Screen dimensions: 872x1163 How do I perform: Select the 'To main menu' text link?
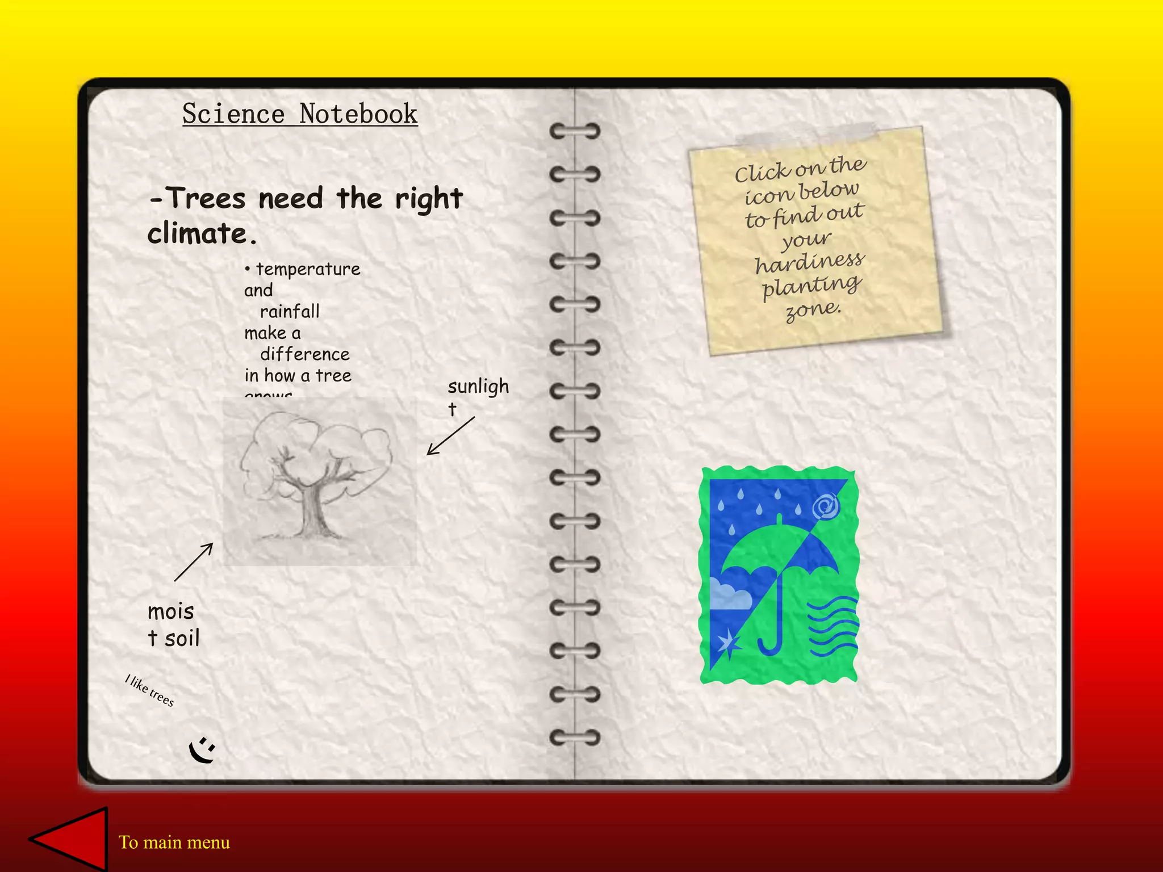pos(174,842)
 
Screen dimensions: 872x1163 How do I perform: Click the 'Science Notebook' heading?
pos(300,114)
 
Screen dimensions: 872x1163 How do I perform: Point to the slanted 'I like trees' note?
pos(150,690)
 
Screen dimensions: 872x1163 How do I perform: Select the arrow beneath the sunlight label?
pos(450,436)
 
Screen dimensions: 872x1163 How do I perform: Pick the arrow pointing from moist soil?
pos(194,562)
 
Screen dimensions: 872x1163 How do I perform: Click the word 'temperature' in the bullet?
pos(308,269)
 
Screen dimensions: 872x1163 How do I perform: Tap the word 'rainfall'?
pos(290,312)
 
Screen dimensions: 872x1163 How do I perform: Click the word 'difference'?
pos(305,355)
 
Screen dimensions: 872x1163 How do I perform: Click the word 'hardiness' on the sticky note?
pos(809,262)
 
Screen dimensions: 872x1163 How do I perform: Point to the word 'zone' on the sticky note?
pos(812,310)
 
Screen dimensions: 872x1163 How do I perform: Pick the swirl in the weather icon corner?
pos(826,505)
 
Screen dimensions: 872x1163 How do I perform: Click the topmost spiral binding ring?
pos(575,131)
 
